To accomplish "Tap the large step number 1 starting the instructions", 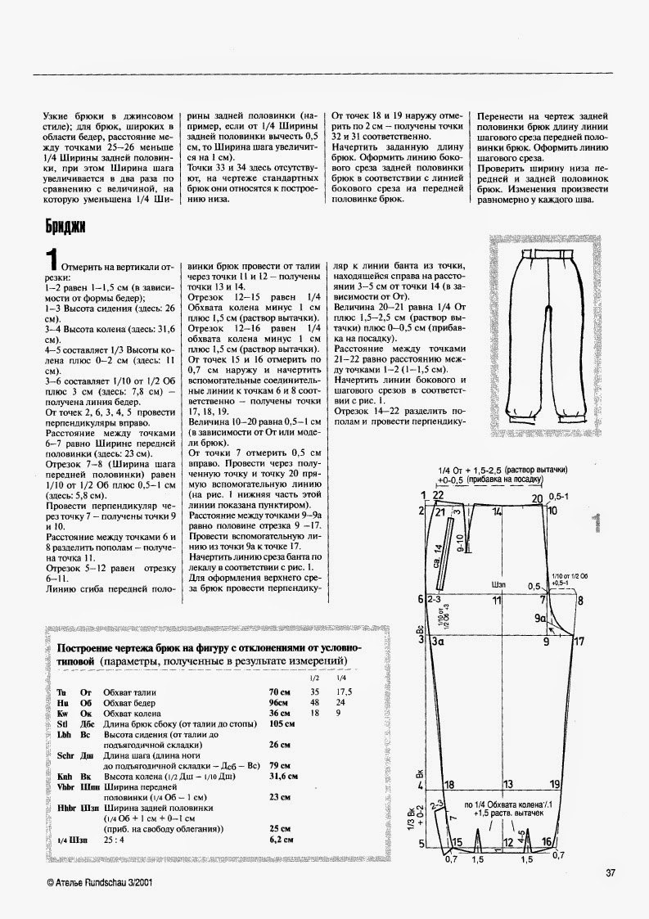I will pos(52,259).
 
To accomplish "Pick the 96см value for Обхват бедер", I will pos(279,703).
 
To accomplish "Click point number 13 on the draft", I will pos(507,784).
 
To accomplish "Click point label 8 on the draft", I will pos(557,600).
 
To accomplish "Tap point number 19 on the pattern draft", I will pos(555,784).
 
